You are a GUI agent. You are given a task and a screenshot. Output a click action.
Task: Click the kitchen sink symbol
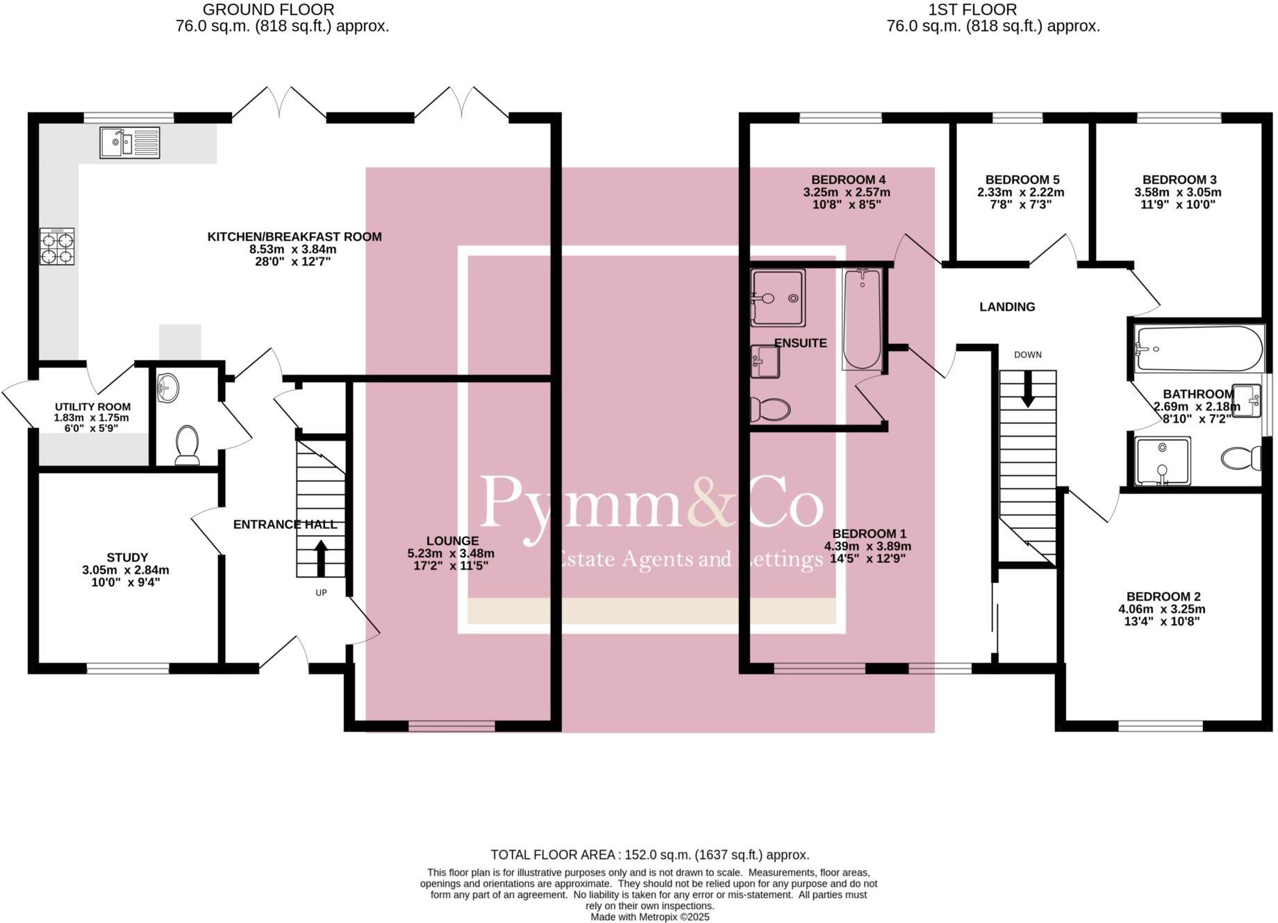click(129, 142)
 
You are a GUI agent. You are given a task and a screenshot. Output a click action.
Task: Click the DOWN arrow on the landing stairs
click(1027, 389)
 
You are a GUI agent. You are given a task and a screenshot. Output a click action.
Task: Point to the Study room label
click(127, 557)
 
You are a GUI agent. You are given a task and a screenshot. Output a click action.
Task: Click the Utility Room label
click(92, 407)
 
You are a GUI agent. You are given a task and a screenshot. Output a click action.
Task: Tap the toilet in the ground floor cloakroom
click(187, 444)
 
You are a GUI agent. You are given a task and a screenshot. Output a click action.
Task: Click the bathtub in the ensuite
click(862, 318)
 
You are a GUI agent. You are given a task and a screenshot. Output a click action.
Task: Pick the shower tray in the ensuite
click(778, 297)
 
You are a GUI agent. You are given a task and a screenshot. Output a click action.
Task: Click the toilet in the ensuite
click(770, 409)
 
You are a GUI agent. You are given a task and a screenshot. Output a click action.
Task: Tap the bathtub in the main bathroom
click(1199, 349)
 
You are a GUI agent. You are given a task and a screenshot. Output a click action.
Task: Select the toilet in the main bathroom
click(1241, 458)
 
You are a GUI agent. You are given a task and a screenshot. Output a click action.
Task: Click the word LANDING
click(1006, 307)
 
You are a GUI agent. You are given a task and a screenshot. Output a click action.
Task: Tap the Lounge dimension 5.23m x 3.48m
click(451, 553)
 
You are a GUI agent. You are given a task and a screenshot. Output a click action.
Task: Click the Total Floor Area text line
click(649, 855)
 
